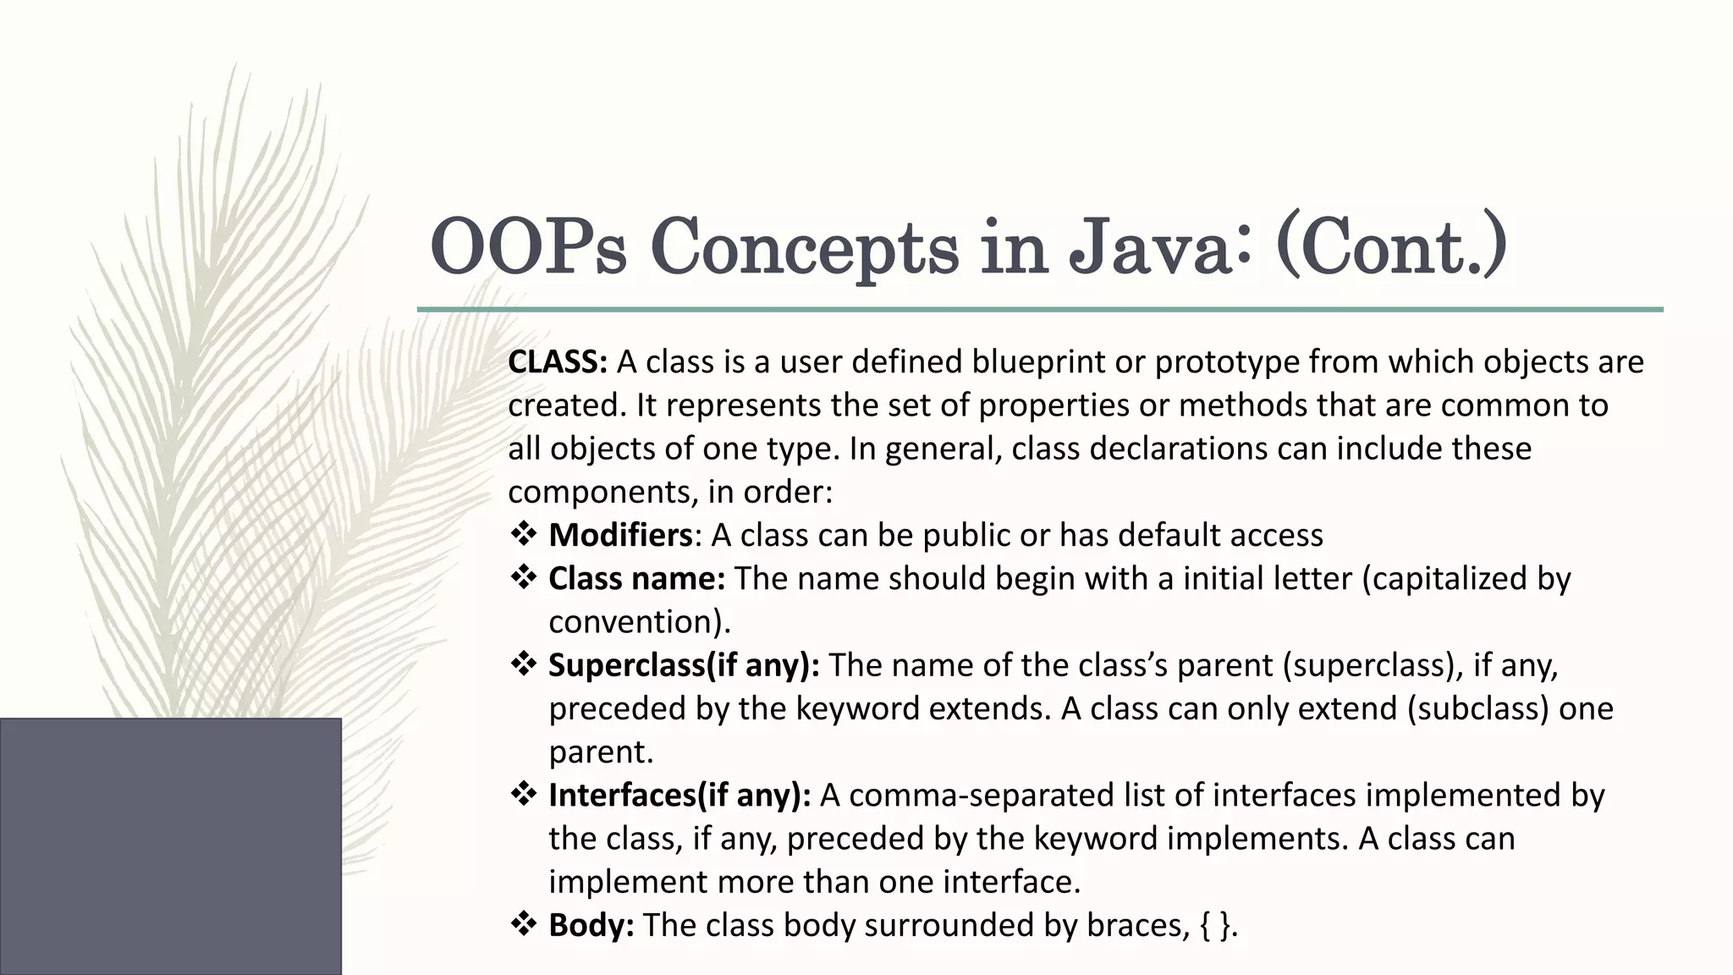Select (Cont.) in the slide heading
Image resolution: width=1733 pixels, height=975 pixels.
(1390, 247)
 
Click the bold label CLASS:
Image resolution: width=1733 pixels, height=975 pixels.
(558, 362)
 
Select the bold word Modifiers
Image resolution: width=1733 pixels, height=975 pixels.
(620, 536)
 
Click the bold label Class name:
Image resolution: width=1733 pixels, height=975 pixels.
(636, 579)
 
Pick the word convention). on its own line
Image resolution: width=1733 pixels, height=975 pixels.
(640, 622)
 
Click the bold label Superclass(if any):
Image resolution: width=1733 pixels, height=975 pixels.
(684, 665)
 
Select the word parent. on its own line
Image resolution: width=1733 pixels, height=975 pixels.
(602, 752)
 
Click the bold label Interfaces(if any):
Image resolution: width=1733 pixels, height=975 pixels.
(679, 796)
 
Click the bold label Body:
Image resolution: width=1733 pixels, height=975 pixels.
(591, 925)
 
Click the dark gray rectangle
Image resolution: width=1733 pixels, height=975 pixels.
(170, 846)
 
